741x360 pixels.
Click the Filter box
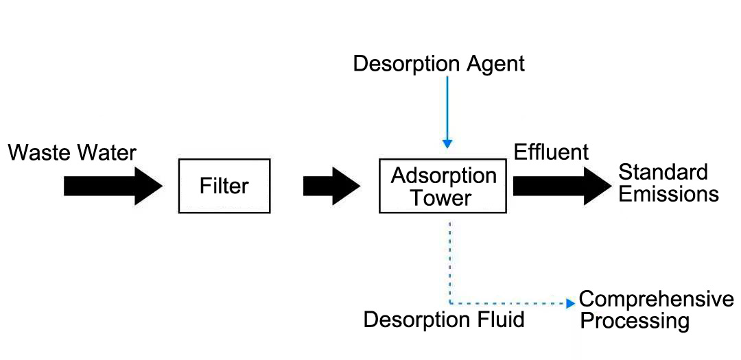[x=224, y=186]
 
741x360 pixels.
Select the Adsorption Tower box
[x=444, y=187]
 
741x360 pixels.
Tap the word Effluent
[x=551, y=152]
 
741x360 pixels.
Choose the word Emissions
[x=668, y=194]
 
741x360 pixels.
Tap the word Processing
[x=635, y=321]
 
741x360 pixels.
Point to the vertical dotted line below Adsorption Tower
[x=449, y=261]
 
